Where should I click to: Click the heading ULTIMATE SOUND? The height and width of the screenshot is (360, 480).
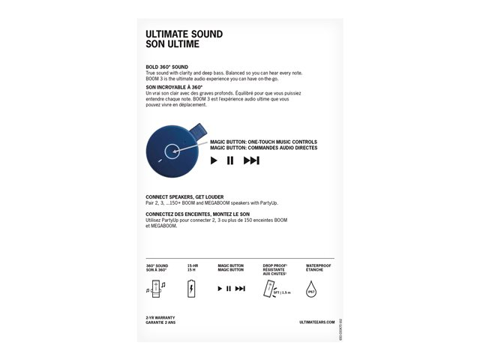[184, 34]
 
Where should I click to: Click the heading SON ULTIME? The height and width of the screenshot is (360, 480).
[172, 44]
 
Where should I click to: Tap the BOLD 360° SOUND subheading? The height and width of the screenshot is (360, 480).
[166, 67]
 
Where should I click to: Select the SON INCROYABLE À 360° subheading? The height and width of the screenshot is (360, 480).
[174, 87]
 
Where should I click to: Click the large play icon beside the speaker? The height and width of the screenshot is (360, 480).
[214, 160]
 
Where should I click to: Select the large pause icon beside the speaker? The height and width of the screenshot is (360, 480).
[230, 160]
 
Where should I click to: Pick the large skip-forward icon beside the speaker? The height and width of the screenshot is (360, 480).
[251, 160]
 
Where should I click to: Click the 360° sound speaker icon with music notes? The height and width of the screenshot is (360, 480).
[157, 289]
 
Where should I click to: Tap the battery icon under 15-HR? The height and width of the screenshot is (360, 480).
[192, 289]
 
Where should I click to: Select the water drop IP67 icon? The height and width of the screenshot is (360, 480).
[313, 289]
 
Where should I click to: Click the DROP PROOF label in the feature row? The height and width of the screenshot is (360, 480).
[275, 265]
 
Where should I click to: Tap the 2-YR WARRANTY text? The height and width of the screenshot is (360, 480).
[160, 318]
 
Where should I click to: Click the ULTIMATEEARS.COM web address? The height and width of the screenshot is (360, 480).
[315, 321]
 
